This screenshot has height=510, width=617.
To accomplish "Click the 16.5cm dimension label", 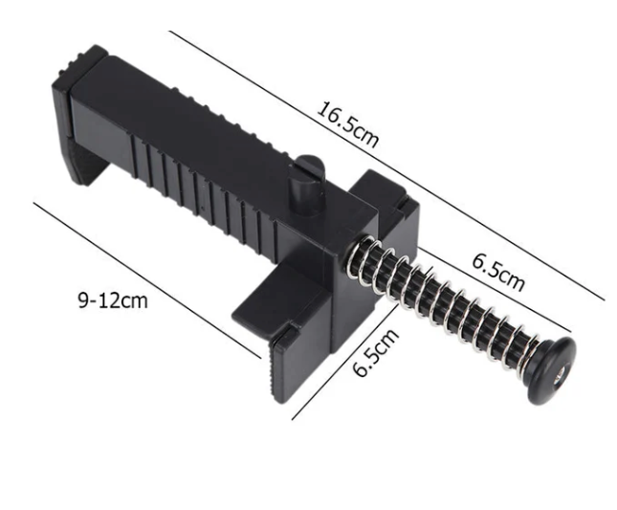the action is pos(347,124).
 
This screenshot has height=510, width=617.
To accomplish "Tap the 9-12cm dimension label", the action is pos(113,301).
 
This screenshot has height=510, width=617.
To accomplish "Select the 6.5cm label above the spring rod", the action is pos(498,272).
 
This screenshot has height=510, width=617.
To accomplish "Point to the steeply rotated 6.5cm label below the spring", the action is pos(375,352).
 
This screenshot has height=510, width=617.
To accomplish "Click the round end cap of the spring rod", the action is pos(551,370).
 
